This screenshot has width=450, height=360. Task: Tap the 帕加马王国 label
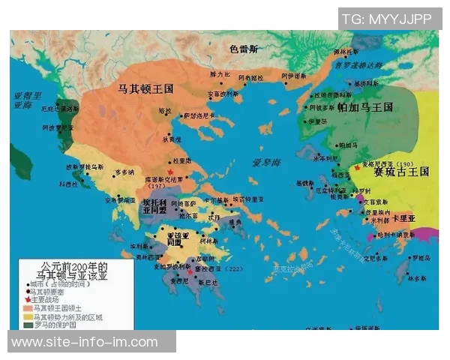pyautogui.click(x=364, y=108)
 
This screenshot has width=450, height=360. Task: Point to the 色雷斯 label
pyautogui.click(x=244, y=49)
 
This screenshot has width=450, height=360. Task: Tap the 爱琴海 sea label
pyautogui.click(x=265, y=162)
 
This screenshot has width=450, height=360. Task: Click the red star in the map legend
pyautogui.click(x=27, y=298)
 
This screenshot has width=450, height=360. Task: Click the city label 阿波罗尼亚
pyautogui.click(x=54, y=127)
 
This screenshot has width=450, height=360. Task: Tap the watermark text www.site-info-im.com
pyautogui.click(x=85, y=342)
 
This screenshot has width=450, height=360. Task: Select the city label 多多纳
pyautogui.click(x=125, y=172)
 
